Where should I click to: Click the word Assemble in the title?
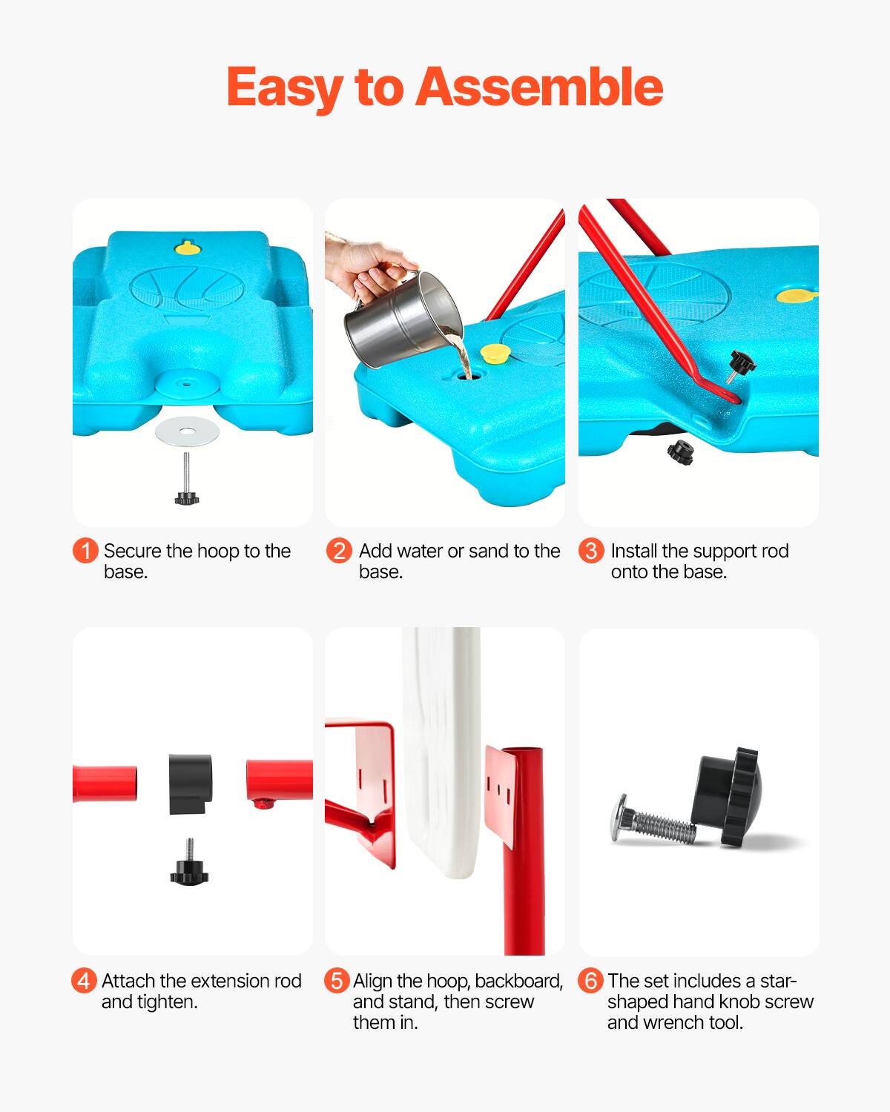[539, 87]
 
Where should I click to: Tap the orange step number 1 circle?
[85, 551]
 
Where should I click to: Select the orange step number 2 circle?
[339, 551]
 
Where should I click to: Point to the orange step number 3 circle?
[591, 551]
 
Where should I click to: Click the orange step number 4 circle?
[84, 981]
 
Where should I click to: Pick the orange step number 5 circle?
[337, 981]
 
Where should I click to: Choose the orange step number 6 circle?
[590, 981]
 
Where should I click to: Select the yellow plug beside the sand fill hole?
[492, 352]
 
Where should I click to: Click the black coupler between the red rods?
[191, 784]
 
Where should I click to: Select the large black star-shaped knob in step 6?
[727, 796]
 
